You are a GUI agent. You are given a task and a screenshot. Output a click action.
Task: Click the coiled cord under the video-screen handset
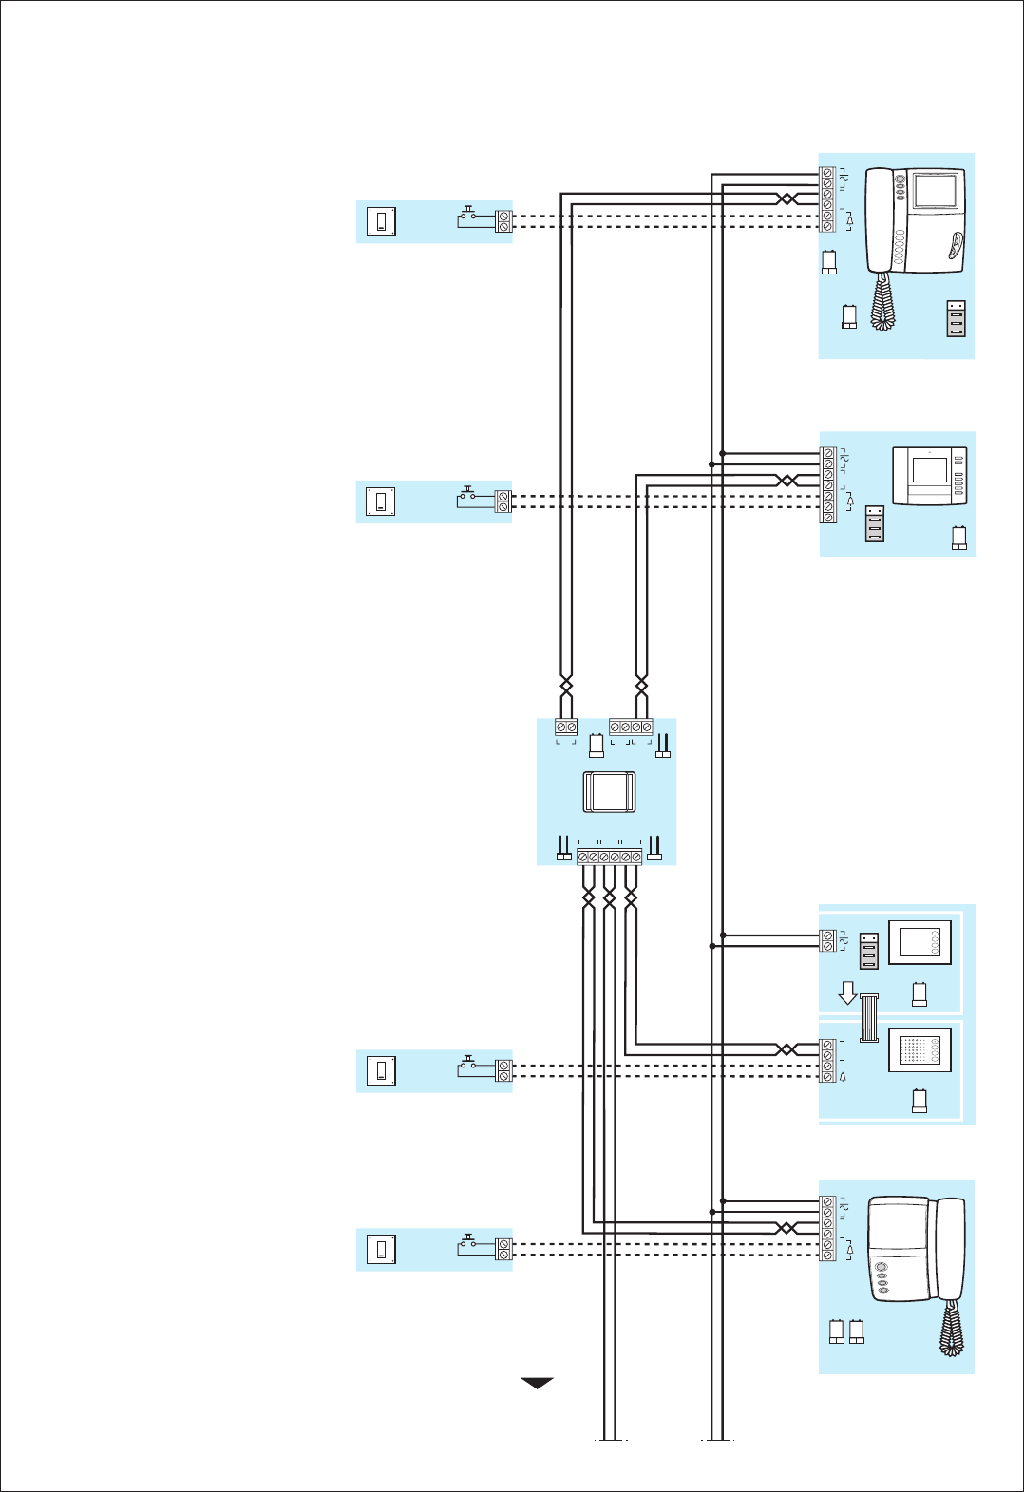(883, 302)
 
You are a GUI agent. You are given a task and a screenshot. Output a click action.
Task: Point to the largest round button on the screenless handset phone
(881, 1268)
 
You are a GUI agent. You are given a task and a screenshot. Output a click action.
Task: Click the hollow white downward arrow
(847, 993)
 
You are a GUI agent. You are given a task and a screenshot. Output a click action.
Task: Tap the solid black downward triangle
(537, 1383)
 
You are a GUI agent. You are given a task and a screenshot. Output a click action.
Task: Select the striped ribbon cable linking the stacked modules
(868, 1017)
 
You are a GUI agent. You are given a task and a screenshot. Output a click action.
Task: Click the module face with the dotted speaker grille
(919, 1050)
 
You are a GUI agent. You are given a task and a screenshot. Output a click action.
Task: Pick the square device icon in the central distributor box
(609, 791)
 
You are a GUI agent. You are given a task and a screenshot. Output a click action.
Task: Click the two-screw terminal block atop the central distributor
(566, 727)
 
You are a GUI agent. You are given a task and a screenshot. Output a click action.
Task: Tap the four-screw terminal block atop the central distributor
(631, 727)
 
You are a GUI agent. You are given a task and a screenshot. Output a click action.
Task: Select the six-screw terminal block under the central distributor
(609, 857)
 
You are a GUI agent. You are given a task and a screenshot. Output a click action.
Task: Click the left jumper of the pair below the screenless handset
(837, 1331)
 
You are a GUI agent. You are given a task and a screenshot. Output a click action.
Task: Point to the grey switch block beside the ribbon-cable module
(869, 951)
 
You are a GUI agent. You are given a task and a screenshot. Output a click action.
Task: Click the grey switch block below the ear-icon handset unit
(956, 318)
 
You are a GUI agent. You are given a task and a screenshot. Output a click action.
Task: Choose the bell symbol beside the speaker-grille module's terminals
(843, 1077)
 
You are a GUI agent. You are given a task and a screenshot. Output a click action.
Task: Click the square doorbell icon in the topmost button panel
(381, 221)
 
